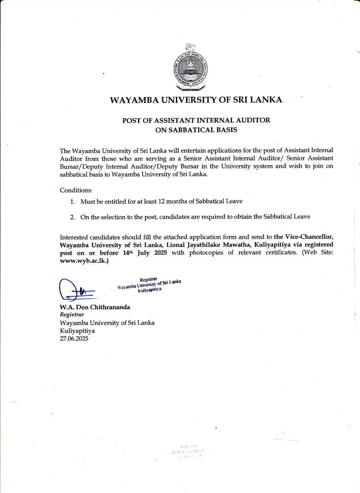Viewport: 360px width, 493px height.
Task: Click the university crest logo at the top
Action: (190, 68)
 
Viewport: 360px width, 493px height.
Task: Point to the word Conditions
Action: (76, 190)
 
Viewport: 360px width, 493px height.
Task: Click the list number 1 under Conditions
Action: (72, 201)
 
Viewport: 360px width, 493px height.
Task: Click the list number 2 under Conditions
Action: (72, 217)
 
